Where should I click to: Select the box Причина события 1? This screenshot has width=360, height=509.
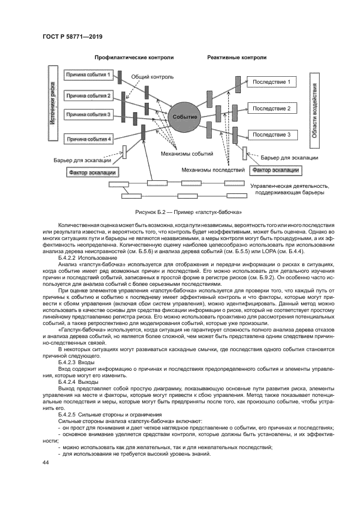point(88,74)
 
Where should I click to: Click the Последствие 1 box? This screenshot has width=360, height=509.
point(272,82)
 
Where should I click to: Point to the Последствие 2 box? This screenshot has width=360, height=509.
point(272,109)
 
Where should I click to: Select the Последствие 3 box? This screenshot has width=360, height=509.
point(272,134)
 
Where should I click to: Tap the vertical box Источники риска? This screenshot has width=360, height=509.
point(53,103)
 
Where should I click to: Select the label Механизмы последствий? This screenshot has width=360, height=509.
point(213,170)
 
